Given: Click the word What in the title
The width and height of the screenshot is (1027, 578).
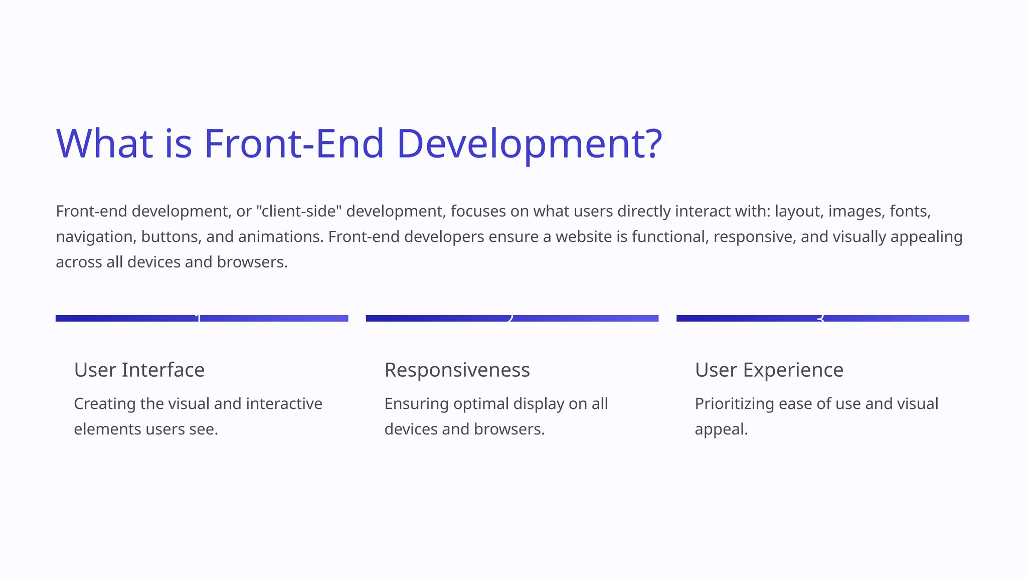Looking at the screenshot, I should pos(104,144).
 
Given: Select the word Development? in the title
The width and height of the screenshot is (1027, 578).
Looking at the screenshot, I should pos(529,144).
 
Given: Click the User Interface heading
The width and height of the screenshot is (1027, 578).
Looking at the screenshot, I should pos(139,370).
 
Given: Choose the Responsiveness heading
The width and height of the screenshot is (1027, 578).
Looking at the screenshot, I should pos(457,370).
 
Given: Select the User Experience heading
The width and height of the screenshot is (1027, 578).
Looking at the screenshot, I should pos(769,370).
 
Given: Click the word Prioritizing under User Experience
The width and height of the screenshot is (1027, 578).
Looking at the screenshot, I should pos(734,404).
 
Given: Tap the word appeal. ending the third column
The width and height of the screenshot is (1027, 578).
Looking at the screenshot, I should pos(721,429).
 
